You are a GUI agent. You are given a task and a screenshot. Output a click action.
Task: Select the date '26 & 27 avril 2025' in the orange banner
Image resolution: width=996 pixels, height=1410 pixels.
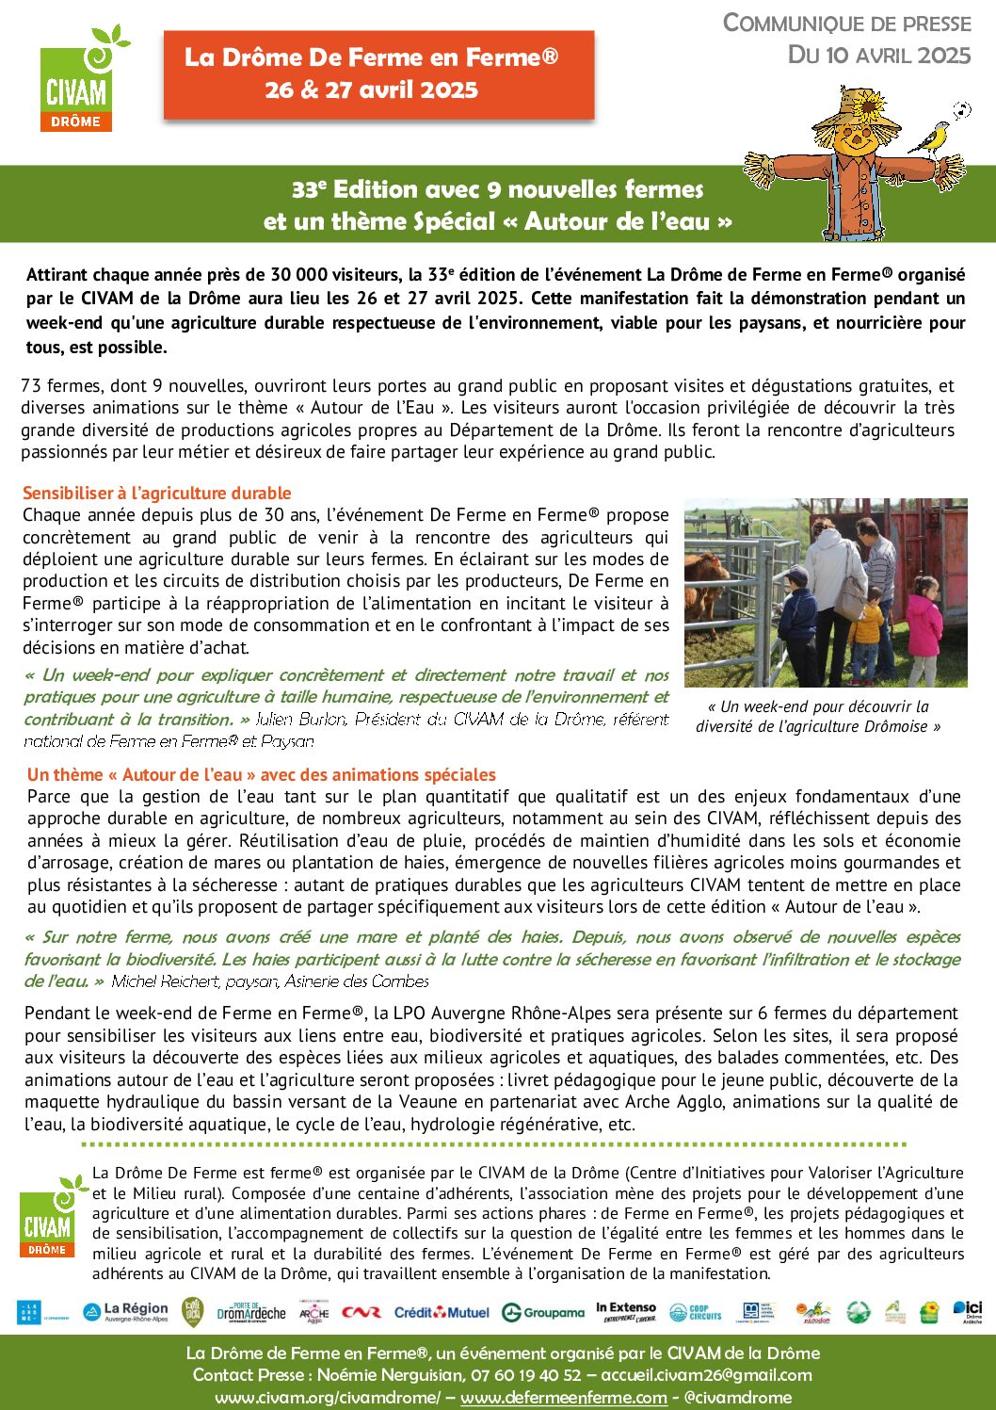tap(372, 90)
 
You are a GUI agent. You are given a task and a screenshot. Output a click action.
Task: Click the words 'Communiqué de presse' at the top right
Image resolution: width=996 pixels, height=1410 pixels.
tap(846, 24)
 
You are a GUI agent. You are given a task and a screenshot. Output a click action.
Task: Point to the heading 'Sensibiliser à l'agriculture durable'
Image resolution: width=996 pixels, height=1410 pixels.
tap(157, 493)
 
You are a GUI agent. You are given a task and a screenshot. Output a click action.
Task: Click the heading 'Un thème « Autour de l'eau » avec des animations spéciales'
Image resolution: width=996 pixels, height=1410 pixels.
tap(262, 774)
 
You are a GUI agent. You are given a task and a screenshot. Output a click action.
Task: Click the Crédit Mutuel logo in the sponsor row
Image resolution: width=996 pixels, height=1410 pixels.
tap(442, 1312)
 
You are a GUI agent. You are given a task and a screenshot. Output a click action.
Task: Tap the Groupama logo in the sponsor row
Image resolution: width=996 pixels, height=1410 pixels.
tap(543, 1312)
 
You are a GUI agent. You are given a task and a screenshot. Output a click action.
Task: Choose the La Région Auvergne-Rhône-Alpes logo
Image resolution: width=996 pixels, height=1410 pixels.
tap(126, 1311)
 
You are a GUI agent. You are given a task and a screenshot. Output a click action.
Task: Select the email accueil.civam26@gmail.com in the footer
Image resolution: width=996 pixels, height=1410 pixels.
tap(706, 1375)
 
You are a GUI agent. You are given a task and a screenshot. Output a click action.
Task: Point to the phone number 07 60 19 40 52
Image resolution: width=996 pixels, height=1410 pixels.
tap(526, 1375)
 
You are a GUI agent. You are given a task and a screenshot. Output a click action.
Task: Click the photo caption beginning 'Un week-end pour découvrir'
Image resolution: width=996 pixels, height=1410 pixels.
tap(817, 716)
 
